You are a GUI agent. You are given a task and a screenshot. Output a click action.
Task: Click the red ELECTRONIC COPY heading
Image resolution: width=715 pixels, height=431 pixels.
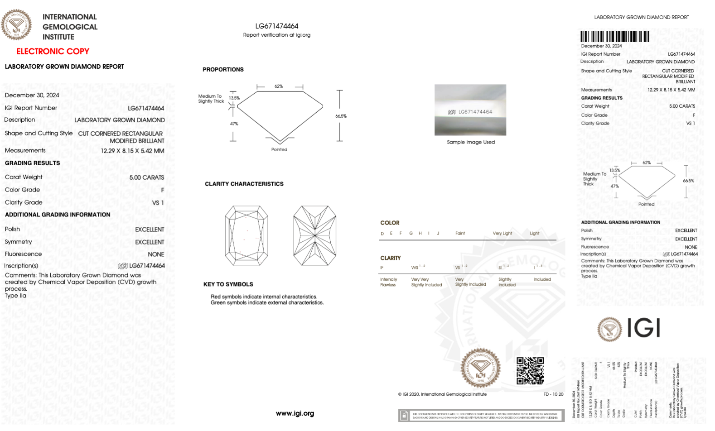point(53,51)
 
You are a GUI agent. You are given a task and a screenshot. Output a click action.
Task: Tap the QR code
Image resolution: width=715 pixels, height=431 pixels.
point(530,370)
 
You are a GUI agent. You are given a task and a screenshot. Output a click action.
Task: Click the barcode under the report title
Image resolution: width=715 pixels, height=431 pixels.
point(614,37)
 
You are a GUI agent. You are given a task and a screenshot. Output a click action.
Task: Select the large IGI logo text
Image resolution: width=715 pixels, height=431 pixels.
point(643,328)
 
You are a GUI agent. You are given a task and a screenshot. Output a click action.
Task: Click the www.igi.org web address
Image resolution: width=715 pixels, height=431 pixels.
point(295,413)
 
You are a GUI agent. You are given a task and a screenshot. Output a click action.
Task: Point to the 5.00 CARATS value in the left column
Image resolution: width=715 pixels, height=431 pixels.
point(146,177)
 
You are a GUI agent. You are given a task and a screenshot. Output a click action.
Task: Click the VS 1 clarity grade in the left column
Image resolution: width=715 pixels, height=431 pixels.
point(158,203)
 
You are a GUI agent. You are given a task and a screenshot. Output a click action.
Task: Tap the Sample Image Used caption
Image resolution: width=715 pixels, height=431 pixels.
point(471,142)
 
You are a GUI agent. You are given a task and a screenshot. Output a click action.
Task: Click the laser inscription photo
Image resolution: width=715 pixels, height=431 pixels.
point(470,110)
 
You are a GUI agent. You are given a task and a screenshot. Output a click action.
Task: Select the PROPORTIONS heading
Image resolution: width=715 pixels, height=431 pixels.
point(223,70)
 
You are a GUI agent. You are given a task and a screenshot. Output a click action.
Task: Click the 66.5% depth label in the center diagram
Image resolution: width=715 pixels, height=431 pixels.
point(341,116)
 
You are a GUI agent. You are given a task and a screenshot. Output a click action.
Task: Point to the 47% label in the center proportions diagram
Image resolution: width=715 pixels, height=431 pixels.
point(234,124)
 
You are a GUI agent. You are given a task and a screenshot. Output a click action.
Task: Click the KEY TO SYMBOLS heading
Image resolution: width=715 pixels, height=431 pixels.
point(228,284)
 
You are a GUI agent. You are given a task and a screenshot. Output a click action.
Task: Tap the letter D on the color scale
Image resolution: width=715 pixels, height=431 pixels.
point(382,234)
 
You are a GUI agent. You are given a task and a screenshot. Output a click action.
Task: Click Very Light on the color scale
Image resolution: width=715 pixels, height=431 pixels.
point(502,234)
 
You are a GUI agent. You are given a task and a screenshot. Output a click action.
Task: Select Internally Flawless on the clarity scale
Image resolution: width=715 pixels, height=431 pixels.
point(388,282)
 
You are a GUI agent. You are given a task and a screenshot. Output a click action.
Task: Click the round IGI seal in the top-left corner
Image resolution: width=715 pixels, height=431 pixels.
point(16,24)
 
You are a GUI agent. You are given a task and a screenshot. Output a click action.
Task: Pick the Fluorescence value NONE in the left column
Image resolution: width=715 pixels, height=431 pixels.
point(156,254)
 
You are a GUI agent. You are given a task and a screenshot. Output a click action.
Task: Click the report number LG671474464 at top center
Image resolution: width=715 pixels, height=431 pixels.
point(276,26)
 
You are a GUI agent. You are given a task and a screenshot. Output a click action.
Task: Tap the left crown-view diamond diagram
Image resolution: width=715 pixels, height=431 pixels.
point(246,235)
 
